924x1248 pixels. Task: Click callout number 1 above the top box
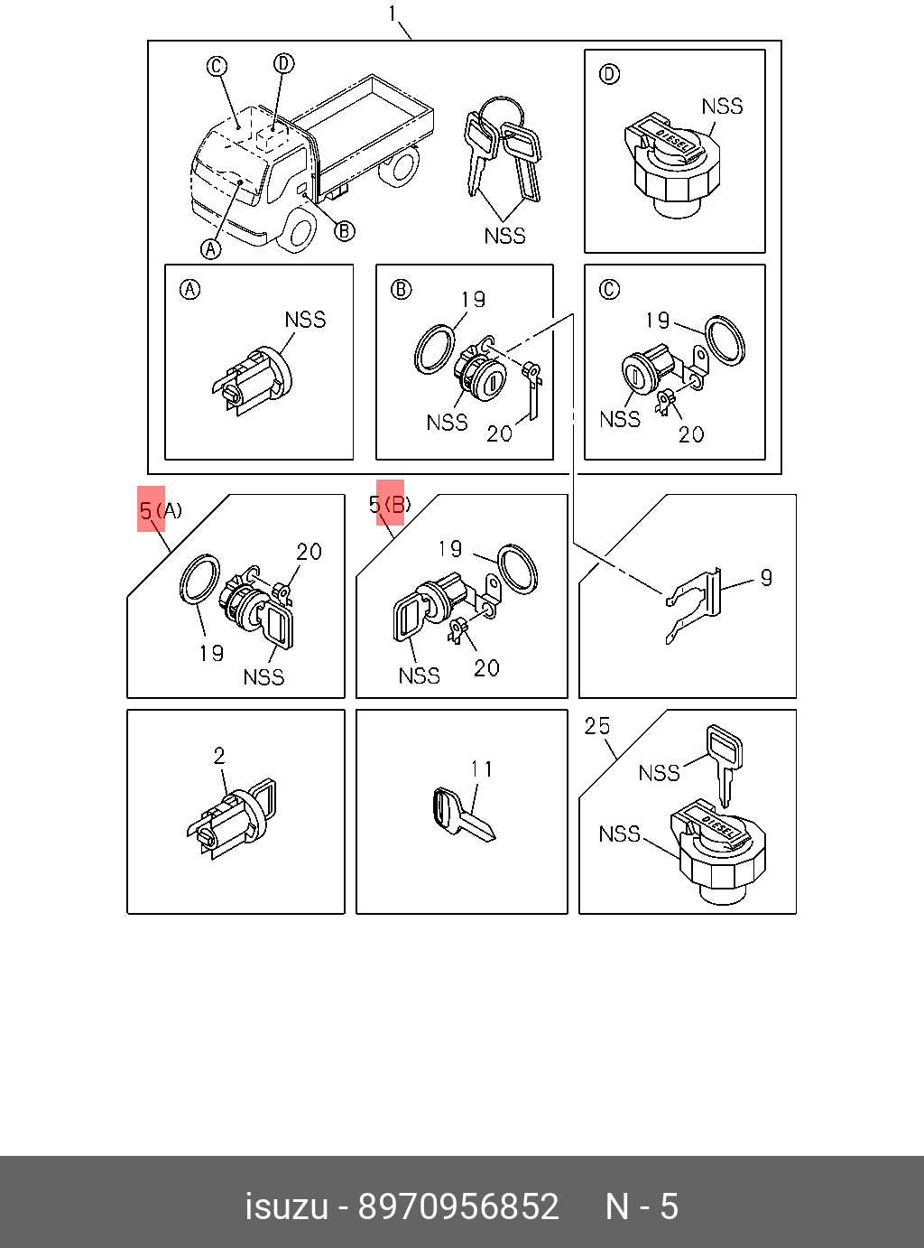393,14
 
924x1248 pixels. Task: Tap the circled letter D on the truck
283,63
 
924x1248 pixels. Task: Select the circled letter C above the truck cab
217,66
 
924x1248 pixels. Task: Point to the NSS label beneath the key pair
504,236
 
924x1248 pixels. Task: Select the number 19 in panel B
473,299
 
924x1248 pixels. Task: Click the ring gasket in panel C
725,340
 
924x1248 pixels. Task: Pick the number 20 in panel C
691,434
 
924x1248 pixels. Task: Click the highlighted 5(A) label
160,510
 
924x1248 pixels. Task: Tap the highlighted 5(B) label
390,505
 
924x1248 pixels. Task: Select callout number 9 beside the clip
766,577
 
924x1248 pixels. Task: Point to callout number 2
218,755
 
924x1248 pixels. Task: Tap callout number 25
596,726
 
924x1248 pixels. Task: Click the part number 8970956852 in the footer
458,1206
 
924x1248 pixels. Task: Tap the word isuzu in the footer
286,1206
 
